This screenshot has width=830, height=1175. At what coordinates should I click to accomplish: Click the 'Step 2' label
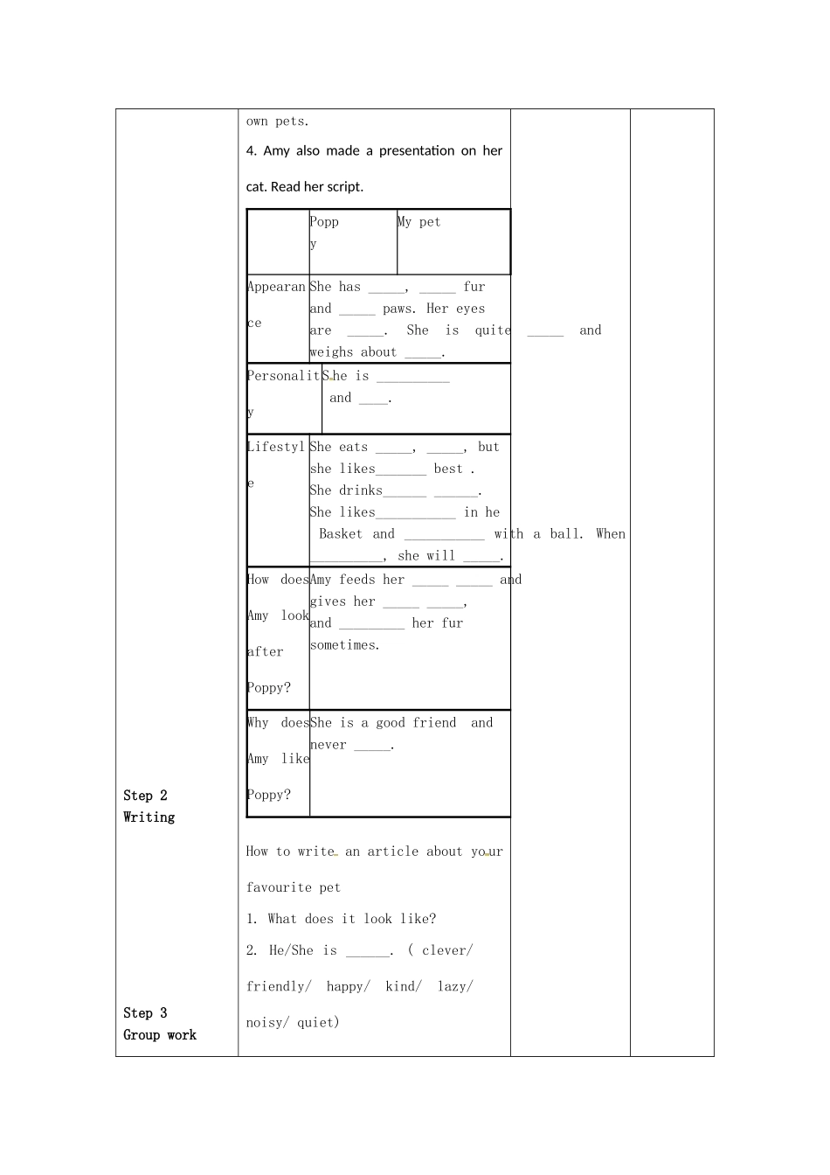[x=145, y=796]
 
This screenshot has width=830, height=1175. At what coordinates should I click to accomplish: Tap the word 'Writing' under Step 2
[x=149, y=817]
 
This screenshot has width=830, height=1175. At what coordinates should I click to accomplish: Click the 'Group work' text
[x=160, y=1035]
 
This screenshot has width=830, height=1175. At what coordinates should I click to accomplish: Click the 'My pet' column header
[x=419, y=222]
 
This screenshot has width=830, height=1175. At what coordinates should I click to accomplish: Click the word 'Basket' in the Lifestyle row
[x=341, y=534]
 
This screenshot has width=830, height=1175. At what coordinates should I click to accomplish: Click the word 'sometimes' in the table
[x=343, y=645]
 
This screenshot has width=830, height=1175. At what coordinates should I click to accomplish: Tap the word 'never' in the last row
[x=329, y=745]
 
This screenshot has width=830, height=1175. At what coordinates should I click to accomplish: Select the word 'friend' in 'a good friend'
[x=434, y=723]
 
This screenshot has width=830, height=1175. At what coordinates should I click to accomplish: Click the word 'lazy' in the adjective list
[x=453, y=986]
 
